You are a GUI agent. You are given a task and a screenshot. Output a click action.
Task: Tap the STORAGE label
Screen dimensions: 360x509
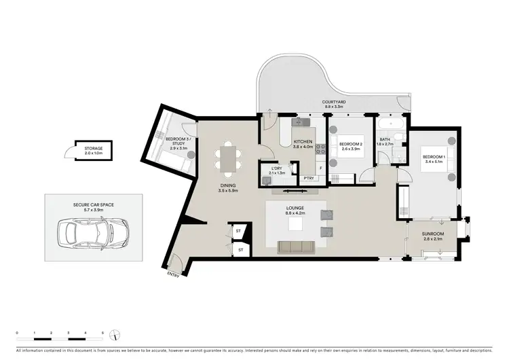(94, 148)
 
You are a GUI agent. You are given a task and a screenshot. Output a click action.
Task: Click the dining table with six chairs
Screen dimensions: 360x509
(227, 158)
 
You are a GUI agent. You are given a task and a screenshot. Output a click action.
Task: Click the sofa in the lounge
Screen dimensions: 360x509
(296, 246)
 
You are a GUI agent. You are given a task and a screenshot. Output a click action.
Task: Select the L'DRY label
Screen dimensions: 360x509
(276, 168)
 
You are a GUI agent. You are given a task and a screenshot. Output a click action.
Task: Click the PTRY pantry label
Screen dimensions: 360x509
(308, 179)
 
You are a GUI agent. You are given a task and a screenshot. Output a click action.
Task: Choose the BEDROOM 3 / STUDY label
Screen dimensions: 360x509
(178, 141)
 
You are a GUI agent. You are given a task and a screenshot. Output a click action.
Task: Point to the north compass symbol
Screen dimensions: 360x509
(117, 335)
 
